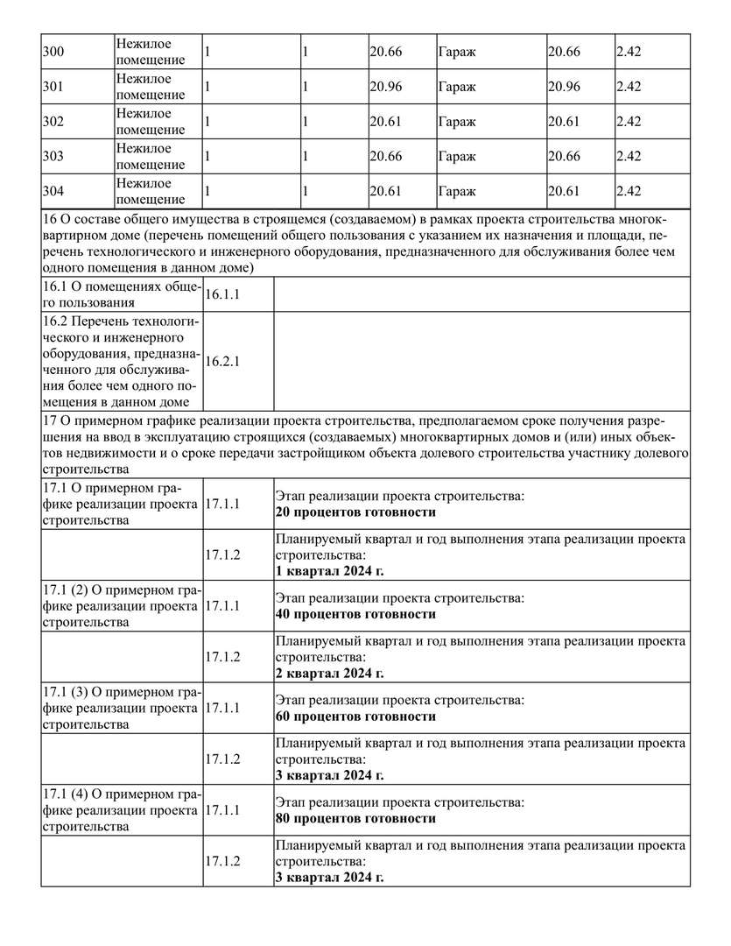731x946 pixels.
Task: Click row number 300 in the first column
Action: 53,52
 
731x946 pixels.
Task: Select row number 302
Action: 53,122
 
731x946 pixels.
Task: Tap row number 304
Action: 53,192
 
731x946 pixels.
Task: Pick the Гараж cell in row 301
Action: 456,87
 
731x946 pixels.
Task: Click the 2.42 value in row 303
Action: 629,157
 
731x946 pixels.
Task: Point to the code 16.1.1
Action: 222,295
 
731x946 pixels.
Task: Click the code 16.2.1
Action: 222,361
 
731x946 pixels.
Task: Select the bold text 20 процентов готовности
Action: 355,512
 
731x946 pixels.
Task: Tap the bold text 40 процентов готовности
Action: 355,615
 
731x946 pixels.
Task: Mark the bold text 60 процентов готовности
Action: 355,717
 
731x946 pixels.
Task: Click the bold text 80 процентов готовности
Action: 355,819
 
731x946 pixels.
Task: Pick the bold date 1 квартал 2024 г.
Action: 329,571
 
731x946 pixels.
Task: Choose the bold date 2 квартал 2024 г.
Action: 329,674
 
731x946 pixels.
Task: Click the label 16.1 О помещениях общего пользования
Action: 121,295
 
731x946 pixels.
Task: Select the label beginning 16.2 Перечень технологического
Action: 121,361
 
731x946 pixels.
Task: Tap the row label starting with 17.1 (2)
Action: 121,606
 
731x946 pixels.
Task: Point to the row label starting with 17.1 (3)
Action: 121,708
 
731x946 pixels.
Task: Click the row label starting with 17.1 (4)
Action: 121,810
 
